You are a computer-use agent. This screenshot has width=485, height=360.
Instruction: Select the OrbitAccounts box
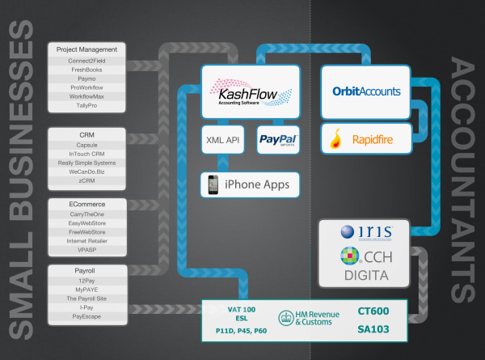(x=365, y=91)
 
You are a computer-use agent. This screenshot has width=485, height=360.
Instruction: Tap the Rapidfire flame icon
(x=335, y=139)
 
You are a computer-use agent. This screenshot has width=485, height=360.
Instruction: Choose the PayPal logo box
(x=278, y=139)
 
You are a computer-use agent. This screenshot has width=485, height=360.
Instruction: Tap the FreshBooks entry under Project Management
(x=88, y=69)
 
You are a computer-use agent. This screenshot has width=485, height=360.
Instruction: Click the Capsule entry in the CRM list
(x=88, y=145)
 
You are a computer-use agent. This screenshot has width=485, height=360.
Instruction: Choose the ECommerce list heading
(x=88, y=204)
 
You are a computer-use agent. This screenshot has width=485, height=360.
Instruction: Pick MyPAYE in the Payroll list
(x=88, y=288)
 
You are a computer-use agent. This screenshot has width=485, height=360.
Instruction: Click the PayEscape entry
(x=88, y=317)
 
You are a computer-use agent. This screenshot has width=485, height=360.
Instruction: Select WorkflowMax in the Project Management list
(x=88, y=96)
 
